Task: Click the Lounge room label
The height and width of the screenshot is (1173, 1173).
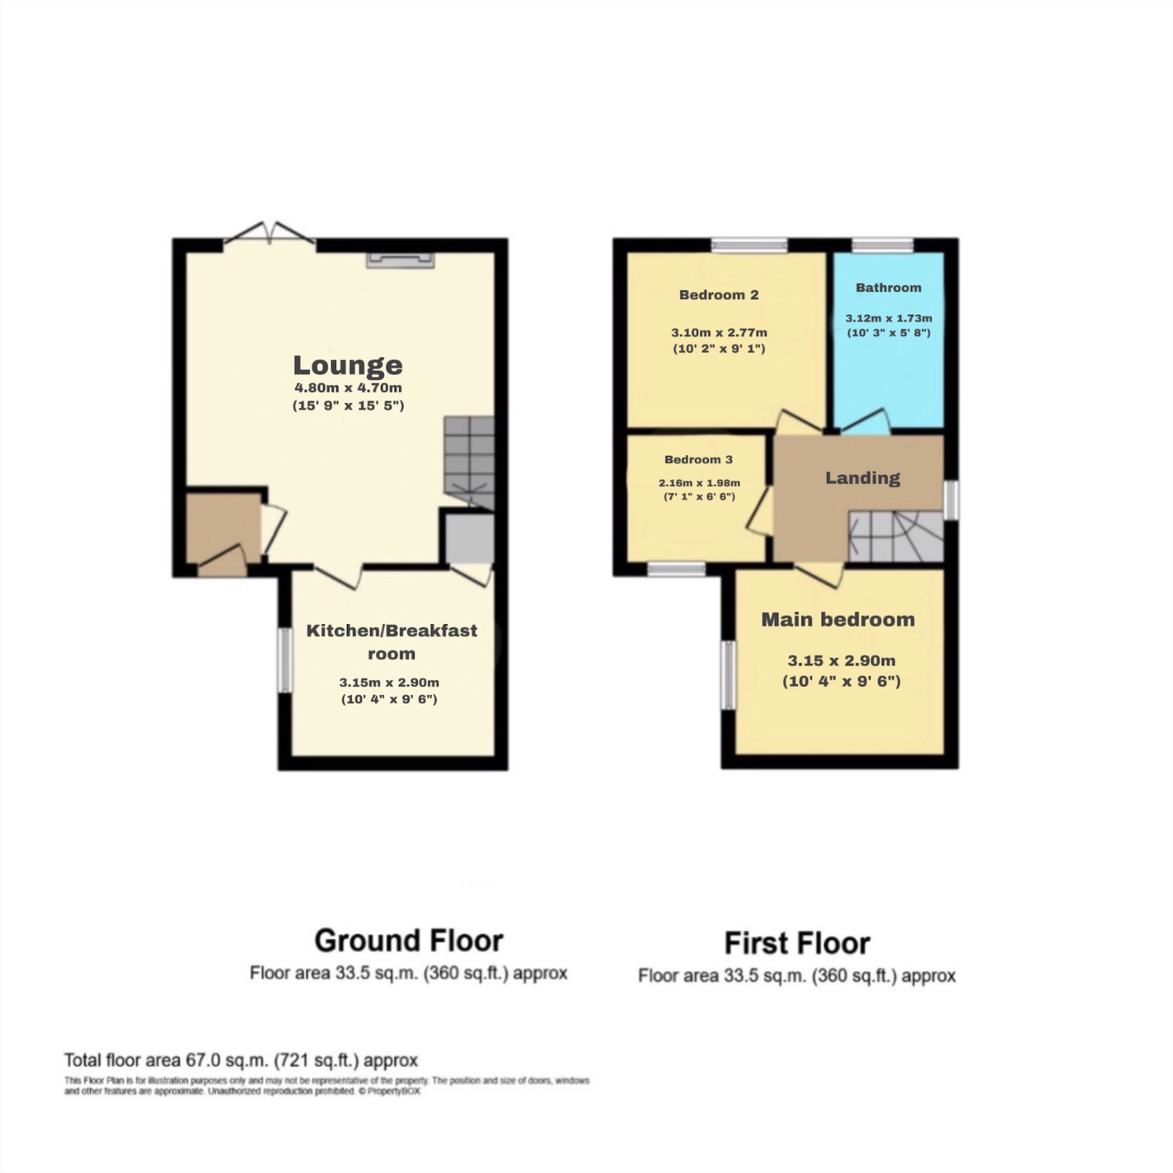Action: coord(348,365)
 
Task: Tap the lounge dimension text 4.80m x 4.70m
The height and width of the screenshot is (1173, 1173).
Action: coord(348,388)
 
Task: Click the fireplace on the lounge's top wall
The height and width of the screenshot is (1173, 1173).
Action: coord(400,260)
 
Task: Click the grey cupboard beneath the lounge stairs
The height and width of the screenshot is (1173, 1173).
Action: coord(470,538)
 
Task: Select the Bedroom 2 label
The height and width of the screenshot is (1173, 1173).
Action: coord(718,295)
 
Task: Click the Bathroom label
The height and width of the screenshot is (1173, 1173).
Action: coord(888,287)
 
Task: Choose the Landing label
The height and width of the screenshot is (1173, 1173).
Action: coord(862,478)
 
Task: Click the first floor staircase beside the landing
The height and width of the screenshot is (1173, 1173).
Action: coord(896,536)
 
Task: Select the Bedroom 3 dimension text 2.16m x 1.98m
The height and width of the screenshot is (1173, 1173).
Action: coord(699,483)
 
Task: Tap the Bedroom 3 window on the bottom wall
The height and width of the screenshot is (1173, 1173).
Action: coord(676,570)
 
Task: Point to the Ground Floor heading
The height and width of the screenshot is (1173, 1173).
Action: coord(408,941)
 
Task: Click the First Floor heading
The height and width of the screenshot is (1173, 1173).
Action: coord(796,943)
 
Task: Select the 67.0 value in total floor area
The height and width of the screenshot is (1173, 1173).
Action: coord(203,1061)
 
